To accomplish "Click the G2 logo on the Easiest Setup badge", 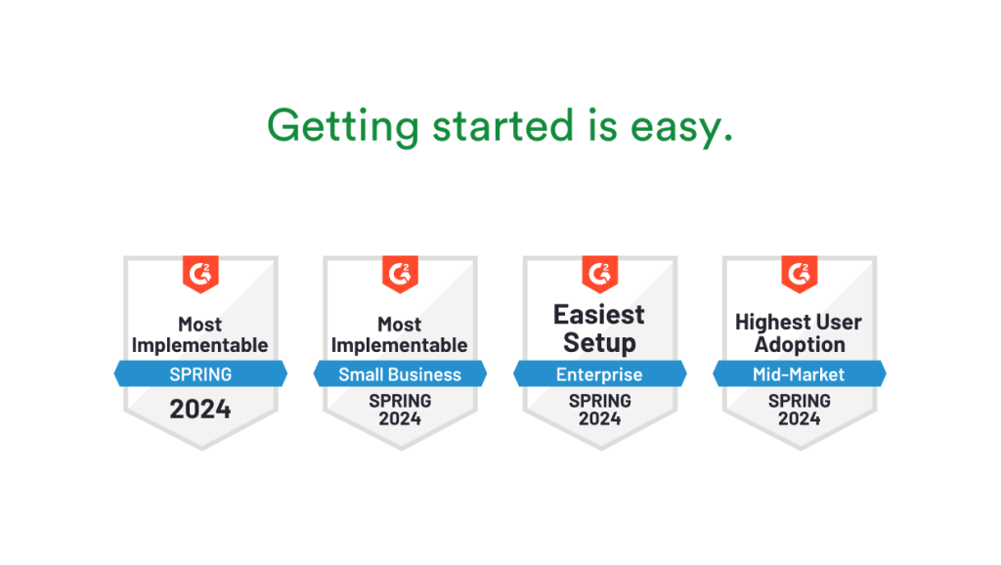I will [600, 274].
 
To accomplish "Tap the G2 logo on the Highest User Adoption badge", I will [800, 274].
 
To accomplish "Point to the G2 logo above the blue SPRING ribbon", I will [200, 274].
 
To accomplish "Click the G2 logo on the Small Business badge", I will [400, 274].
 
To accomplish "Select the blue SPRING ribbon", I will [200, 373].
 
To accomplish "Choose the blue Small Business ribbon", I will [400, 374].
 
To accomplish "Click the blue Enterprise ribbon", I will [599, 374].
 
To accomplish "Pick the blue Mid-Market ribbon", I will [799, 374].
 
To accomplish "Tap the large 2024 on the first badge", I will [200, 409].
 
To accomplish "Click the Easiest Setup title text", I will [599, 328].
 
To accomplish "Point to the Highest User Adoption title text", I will [799, 333].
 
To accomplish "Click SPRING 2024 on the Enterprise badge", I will [599, 410].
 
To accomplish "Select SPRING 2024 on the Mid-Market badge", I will [799, 410].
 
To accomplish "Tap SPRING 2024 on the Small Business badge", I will [400, 410].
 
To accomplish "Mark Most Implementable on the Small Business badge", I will [400, 334].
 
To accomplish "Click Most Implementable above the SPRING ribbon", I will [200, 334].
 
